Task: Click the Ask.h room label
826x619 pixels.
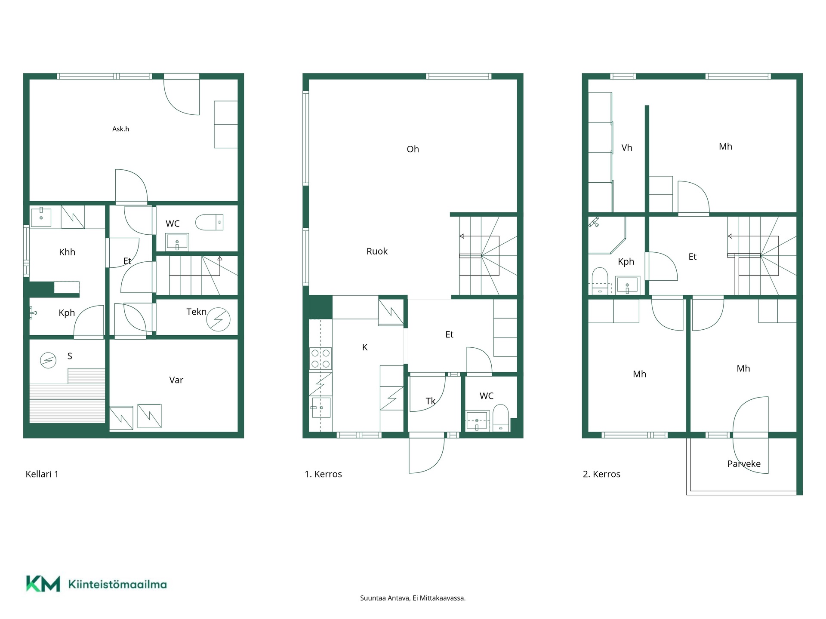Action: pyautogui.click(x=120, y=129)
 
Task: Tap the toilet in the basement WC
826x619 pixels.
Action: pyautogui.click(x=210, y=222)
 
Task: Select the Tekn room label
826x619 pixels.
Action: pyautogui.click(x=197, y=312)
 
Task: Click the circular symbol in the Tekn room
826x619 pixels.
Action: pyautogui.click(x=218, y=319)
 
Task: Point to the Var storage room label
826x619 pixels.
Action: pyautogui.click(x=176, y=380)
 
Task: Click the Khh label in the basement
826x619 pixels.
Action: pyautogui.click(x=67, y=252)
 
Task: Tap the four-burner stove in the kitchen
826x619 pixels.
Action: pyautogui.click(x=321, y=359)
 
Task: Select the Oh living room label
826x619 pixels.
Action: pyautogui.click(x=413, y=149)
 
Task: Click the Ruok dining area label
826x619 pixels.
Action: pyautogui.click(x=377, y=251)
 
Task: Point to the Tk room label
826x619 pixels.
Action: pyautogui.click(x=430, y=401)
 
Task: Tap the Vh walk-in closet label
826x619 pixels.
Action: pyautogui.click(x=627, y=148)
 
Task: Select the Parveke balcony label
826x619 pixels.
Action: pyautogui.click(x=744, y=464)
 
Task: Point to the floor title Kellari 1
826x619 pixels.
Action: pyautogui.click(x=42, y=474)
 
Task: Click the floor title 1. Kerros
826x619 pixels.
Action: pyautogui.click(x=323, y=474)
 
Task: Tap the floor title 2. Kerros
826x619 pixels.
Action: pyautogui.click(x=601, y=474)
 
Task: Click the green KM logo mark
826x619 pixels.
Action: pyautogui.click(x=43, y=584)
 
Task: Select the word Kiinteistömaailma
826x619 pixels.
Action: pyautogui.click(x=117, y=584)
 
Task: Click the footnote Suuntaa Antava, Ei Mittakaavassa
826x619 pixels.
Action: pyautogui.click(x=413, y=598)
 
